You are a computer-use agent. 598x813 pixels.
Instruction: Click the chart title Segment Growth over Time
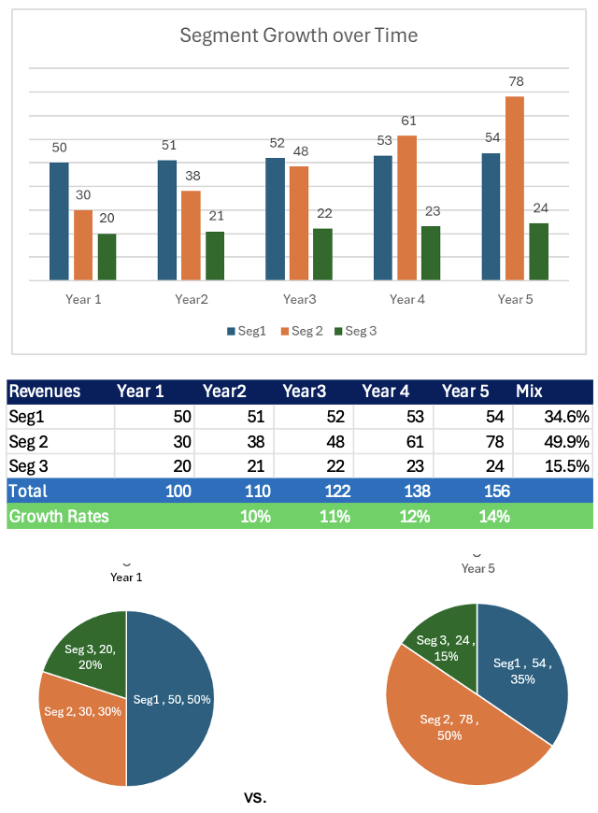(298, 36)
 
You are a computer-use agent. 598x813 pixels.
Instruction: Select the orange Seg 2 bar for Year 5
(515, 188)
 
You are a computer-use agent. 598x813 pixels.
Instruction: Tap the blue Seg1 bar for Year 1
(59, 221)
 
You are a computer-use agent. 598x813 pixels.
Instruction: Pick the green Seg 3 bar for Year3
(322, 254)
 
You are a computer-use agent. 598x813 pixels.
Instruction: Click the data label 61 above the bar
(407, 121)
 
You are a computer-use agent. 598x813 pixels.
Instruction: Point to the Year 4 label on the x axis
(407, 299)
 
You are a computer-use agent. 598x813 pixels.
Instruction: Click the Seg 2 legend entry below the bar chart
(302, 331)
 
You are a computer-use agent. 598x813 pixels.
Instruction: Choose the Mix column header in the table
(529, 392)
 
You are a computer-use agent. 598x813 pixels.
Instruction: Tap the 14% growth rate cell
(495, 516)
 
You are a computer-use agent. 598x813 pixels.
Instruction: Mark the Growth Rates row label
(59, 516)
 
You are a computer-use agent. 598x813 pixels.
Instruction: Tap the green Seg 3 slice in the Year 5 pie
(440, 635)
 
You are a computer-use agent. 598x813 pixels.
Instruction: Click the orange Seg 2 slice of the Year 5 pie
(448, 729)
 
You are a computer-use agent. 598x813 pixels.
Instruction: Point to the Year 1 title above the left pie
(126, 578)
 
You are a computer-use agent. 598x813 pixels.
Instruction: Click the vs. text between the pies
(255, 797)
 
